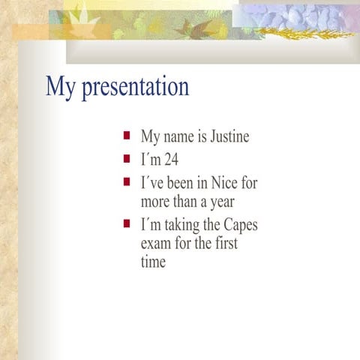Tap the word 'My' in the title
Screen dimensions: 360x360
pyautogui.click(x=61, y=87)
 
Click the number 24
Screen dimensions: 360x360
pyautogui.click(x=171, y=160)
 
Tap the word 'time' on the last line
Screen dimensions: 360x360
pyautogui.click(x=153, y=262)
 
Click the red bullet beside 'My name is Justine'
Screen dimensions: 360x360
pyautogui.click(x=127, y=136)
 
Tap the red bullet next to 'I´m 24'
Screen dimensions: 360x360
pyautogui.click(x=127, y=159)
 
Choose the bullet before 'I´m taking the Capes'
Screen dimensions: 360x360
pyautogui.click(x=127, y=223)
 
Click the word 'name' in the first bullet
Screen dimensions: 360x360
pyautogui.click(x=179, y=138)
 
